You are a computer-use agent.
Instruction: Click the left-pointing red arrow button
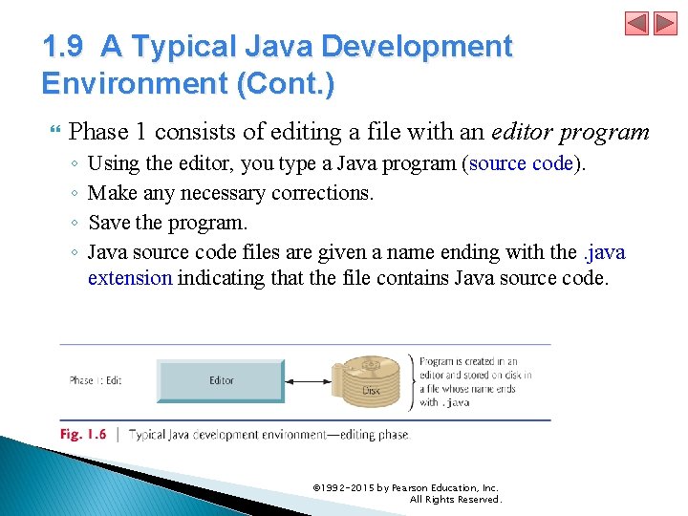click(637, 24)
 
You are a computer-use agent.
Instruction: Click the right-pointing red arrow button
click(665, 24)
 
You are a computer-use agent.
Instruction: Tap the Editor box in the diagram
click(221, 380)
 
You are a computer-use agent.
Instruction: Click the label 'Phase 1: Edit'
click(96, 380)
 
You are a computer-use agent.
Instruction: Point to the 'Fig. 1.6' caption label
click(84, 434)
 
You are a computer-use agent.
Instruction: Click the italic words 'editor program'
click(570, 132)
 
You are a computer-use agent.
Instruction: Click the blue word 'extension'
click(130, 278)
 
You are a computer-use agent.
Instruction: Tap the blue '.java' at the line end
click(604, 252)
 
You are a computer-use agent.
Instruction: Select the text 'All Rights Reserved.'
click(455, 499)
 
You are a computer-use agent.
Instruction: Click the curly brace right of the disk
click(413, 381)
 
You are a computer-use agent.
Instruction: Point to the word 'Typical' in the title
click(186, 46)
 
